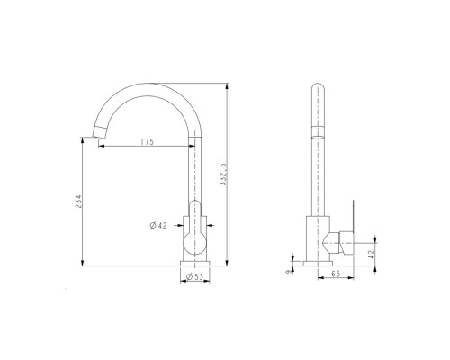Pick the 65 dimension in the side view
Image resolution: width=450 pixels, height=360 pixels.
tap(335, 272)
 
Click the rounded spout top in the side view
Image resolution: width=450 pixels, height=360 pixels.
tap(317, 89)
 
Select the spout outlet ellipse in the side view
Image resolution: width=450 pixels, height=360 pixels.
tap(317, 131)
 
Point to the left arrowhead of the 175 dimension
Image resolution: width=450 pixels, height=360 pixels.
tap(100, 147)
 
